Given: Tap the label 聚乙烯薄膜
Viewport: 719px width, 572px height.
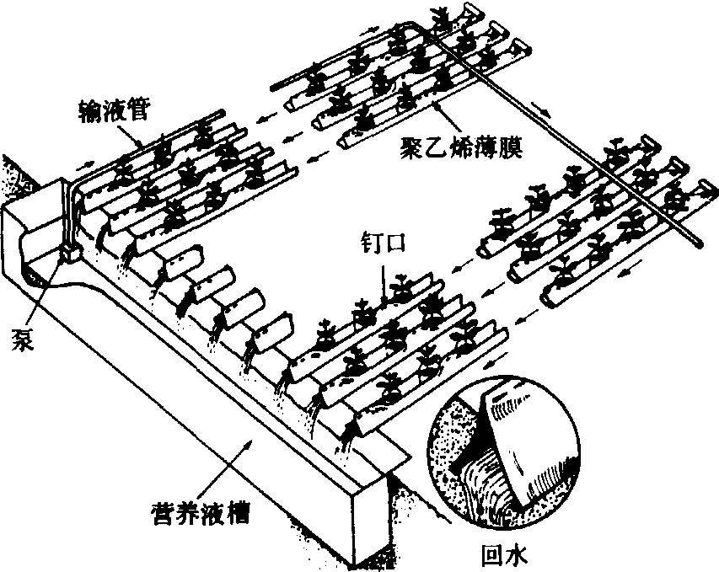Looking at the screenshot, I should coord(464,150).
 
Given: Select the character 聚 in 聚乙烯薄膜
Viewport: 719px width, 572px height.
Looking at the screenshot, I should coord(413,150).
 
